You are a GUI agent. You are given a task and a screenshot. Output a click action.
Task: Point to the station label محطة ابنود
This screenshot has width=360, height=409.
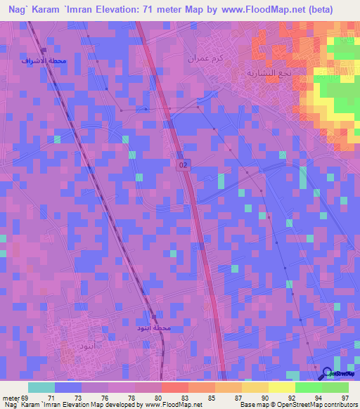coord(153,328)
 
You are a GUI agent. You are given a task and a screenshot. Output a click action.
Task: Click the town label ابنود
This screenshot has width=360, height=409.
coord(75,347)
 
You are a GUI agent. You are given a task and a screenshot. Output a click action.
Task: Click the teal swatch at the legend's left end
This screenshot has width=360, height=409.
coord(41,387)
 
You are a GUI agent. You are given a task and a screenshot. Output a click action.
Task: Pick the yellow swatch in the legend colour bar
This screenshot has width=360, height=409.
coord(281,387)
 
